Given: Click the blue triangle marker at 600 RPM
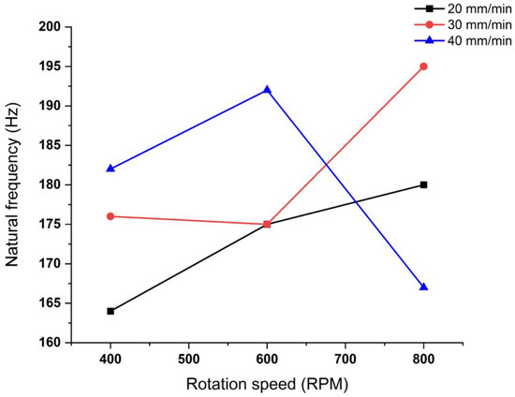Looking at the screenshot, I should tap(267, 90).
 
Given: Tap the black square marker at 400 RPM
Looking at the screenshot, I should tap(110, 311).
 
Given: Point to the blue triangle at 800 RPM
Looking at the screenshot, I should tap(424, 287).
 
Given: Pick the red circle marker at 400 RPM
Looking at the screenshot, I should tap(110, 216).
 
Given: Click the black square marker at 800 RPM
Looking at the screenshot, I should tap(424, 184).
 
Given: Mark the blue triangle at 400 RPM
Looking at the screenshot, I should tap(110, 169).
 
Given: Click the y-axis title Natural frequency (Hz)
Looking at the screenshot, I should tap(14, 184).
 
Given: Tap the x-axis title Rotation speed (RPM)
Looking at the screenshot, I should tap(267, 383).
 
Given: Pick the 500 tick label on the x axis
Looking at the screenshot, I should tap(189, 358).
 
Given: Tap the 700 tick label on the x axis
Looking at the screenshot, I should tap(346, 358).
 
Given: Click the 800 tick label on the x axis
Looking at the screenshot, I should tap(424, 358).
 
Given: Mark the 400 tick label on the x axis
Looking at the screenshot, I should tap(110, 358).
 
